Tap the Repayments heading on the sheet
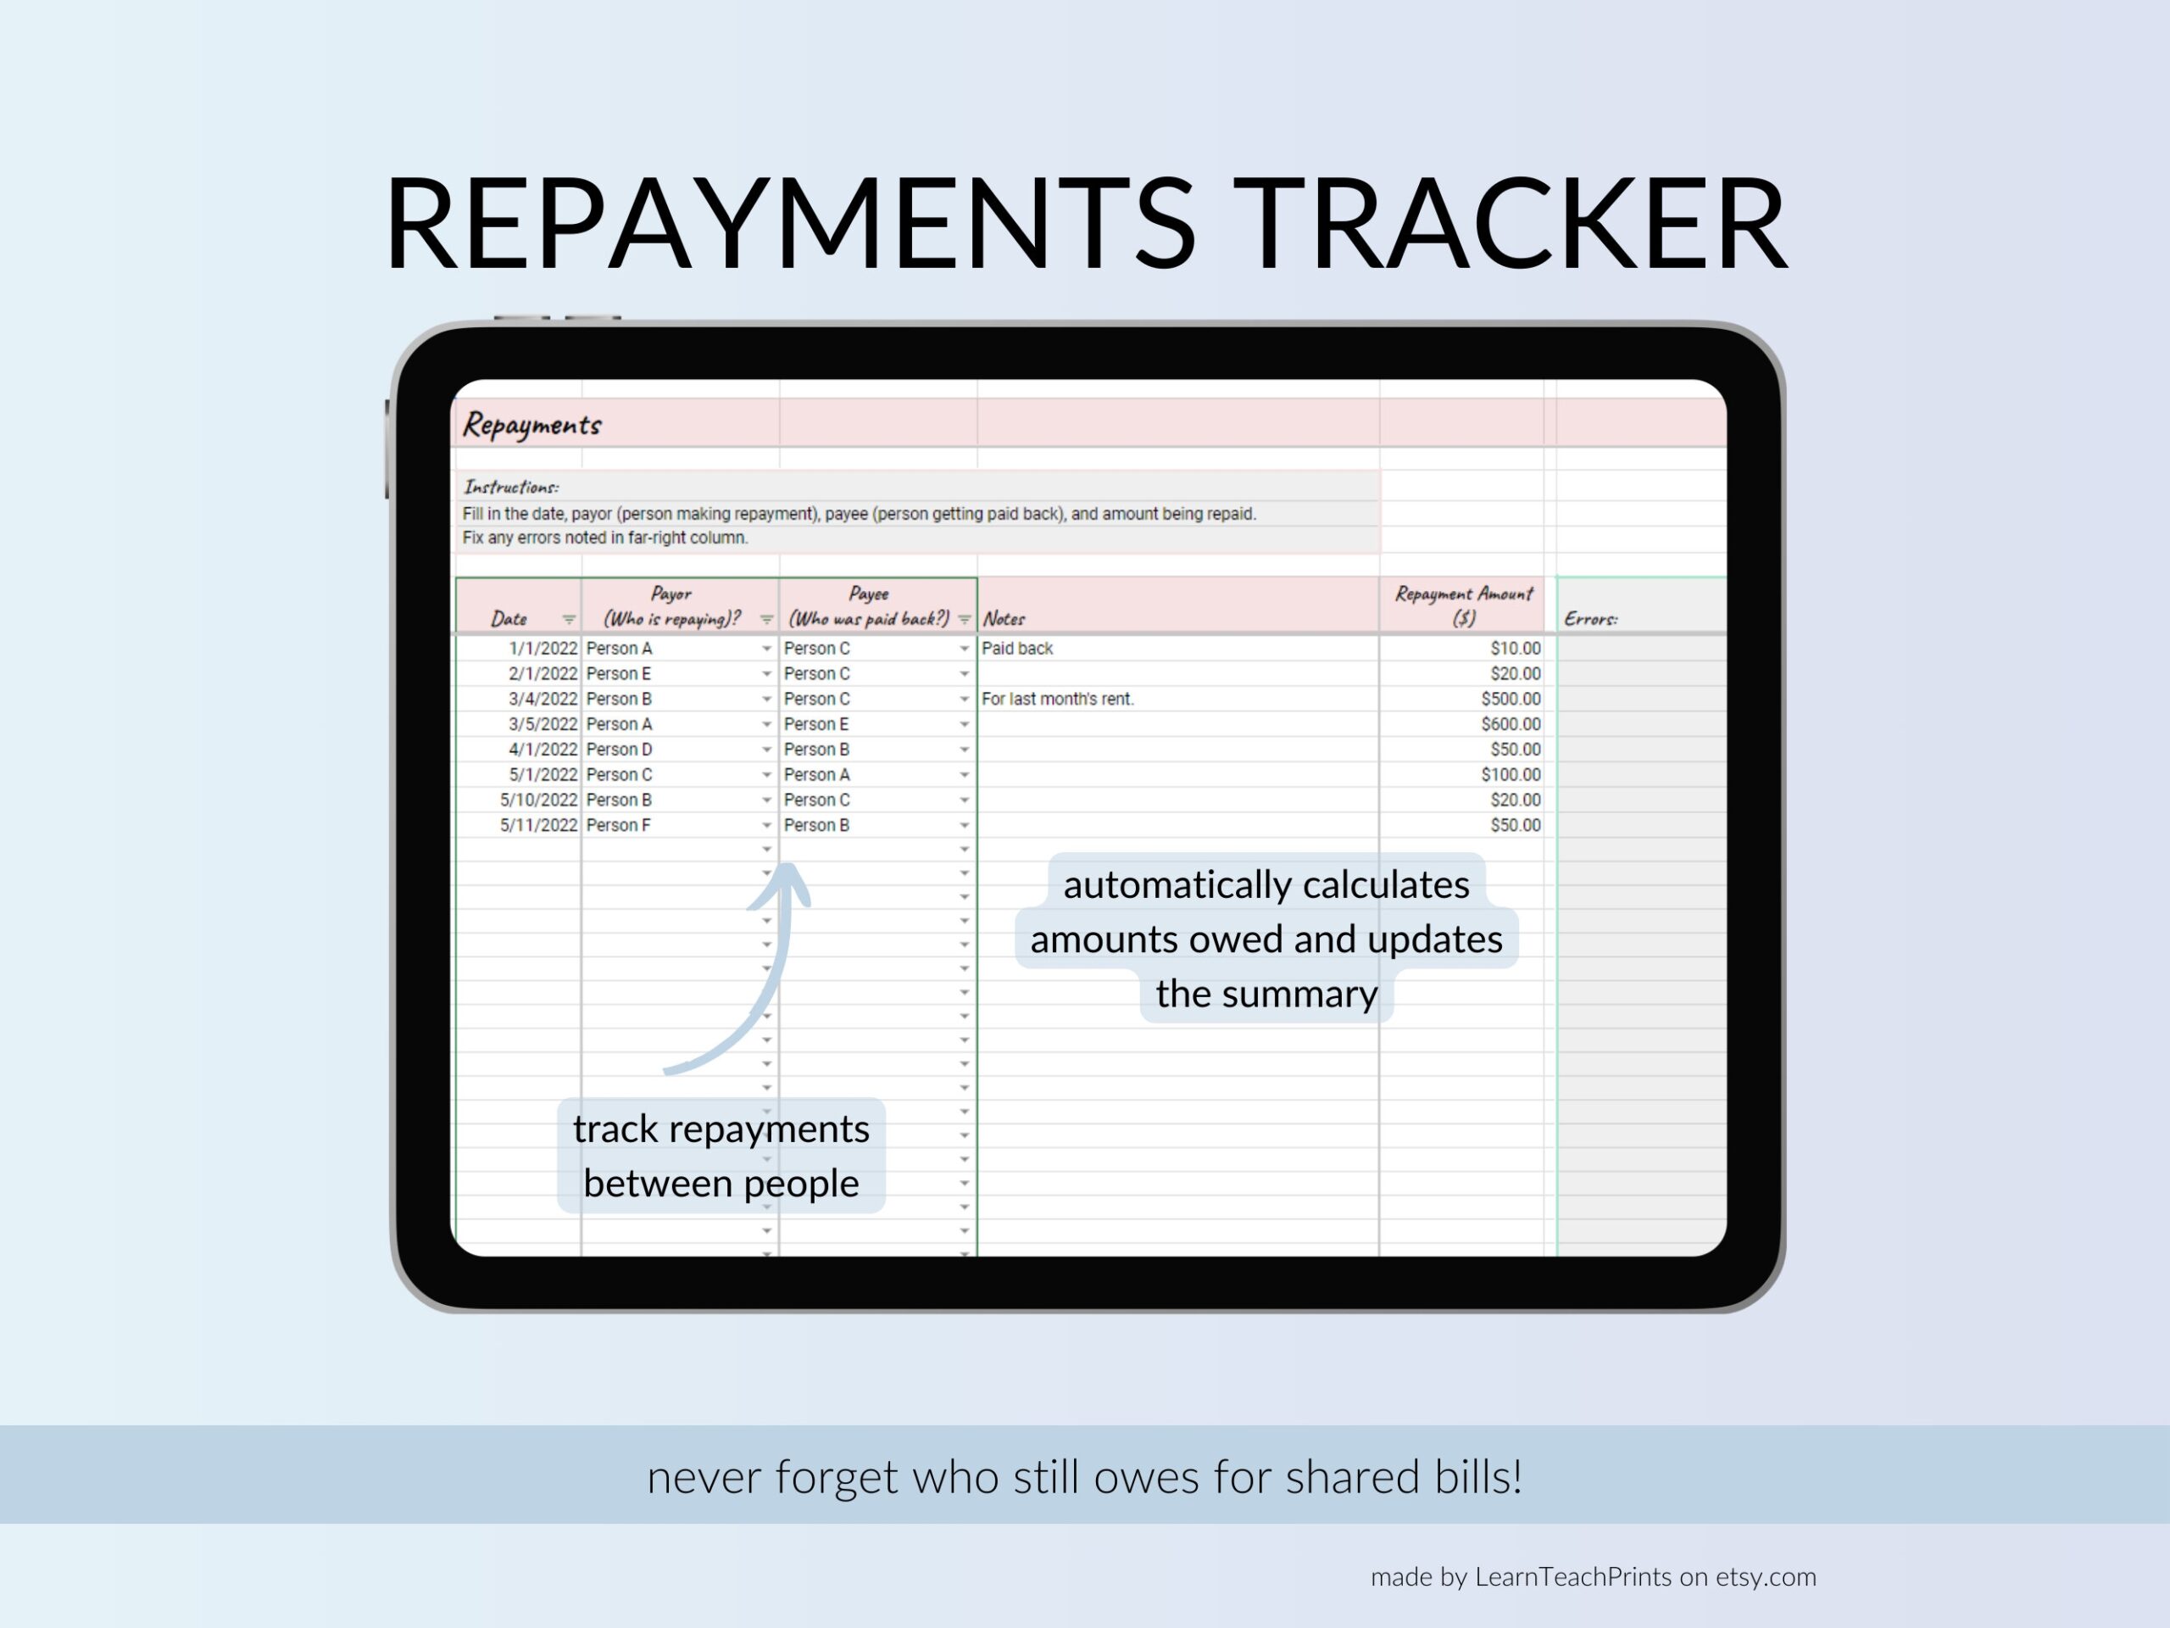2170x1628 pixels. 531,425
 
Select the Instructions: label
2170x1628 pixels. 511,487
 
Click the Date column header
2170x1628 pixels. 509,618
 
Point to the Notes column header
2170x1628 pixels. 1004,618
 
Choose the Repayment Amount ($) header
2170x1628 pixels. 1464,605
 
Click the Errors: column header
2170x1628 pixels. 1590,618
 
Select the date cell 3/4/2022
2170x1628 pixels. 542,699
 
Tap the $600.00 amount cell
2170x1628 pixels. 1511,724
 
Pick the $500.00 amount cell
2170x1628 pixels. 1511,699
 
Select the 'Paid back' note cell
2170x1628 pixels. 1017,649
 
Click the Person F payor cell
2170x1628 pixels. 618,825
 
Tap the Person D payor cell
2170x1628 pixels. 619,750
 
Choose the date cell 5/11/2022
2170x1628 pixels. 538,825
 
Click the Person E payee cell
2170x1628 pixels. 816,724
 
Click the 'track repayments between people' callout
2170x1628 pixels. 721,1156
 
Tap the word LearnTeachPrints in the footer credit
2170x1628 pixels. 1572,1576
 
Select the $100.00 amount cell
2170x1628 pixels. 1511,775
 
